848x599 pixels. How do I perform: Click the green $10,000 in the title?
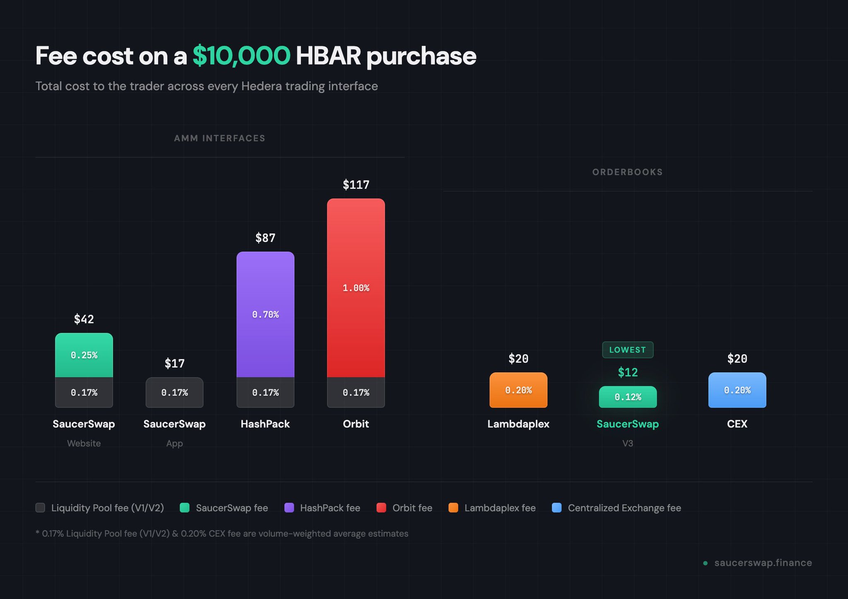coord(241,56)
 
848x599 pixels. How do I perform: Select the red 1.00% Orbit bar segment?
coord(356,287)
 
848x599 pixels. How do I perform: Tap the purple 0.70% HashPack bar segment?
coord(265,314)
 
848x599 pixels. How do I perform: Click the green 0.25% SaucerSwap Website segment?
coord(84,355)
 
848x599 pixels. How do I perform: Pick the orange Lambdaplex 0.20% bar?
coord(518,390)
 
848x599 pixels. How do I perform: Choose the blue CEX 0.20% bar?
coord(737,390)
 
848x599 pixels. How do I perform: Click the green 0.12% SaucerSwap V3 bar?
coord(627,397)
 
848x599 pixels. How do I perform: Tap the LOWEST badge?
coord(627,350)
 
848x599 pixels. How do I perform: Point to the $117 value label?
coord(356,185)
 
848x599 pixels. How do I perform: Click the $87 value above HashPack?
coord(265,238)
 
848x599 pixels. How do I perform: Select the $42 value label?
coord(84,319)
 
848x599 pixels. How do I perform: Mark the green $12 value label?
coord(627,372)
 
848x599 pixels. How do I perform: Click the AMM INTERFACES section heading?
coord(219,138)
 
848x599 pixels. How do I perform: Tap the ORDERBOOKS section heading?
coord(627,172)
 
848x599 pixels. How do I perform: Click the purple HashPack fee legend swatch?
coord(289,507)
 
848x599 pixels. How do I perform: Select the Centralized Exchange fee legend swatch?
coord(556,507)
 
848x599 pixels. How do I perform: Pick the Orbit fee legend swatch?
coord(381,507)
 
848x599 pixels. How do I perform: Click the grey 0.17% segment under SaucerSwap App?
coord(174,392)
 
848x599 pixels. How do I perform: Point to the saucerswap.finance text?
coord(763,563)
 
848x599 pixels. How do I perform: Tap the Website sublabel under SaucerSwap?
coord(84,443)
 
